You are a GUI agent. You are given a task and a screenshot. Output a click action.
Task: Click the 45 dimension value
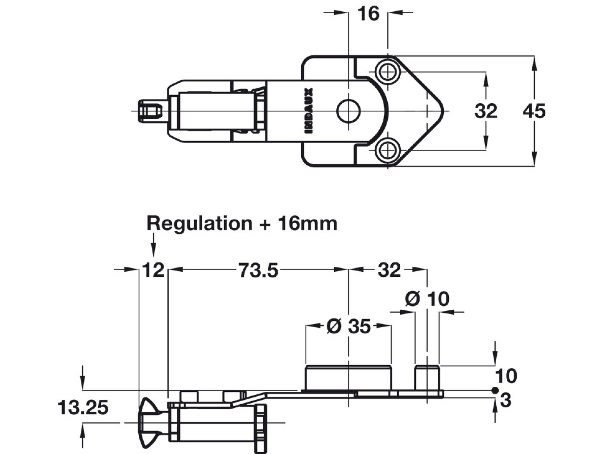point(534,111)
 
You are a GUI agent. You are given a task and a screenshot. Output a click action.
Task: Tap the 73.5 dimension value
point(259,270)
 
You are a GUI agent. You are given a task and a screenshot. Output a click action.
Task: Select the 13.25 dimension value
point(83,408)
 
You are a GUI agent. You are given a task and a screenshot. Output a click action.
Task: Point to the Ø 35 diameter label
point(348,327)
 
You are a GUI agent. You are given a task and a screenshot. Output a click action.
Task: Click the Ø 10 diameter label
point(427,299)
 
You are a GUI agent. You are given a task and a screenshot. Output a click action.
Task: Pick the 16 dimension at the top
point(368,14)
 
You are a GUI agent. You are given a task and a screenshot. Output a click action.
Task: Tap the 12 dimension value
point(154,270)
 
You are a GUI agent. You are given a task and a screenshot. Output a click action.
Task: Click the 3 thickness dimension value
point(506,401)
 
